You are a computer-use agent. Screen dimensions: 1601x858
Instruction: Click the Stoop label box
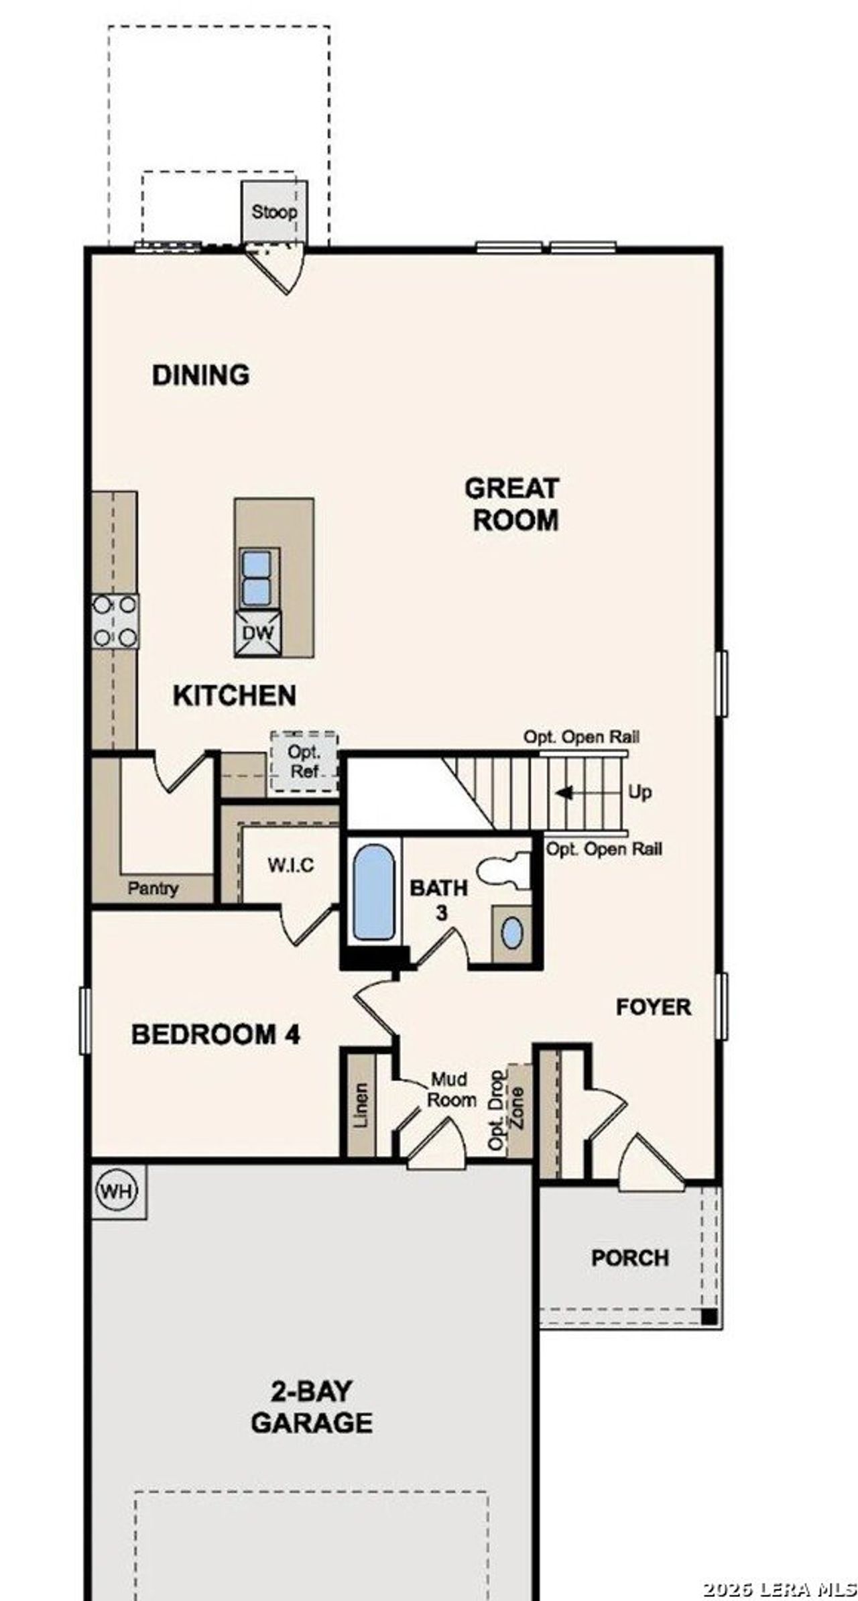pos(274,212)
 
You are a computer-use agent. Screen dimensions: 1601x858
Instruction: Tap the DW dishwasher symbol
pos(258,632)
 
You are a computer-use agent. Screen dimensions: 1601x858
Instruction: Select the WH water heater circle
pos(118,1191)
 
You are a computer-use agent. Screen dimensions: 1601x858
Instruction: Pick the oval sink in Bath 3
pos(512,933)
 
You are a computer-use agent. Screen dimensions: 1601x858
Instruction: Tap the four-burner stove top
pos(115,621)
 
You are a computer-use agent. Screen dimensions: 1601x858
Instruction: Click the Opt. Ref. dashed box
pos(304,761)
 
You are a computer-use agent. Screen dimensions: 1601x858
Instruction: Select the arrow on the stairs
pos(564,792)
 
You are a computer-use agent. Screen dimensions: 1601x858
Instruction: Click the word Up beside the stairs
pos(639,792)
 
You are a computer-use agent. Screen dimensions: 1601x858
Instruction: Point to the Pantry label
pos(153,888)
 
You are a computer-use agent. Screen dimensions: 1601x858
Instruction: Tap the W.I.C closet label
pos(290,865)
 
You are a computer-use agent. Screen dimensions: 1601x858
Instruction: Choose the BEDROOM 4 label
pos(216,1034)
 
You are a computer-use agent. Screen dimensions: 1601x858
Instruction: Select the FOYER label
pos(653,1007)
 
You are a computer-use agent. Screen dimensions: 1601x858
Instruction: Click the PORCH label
pos(629,1258)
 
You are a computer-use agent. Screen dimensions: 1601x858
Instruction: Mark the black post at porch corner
pos(709,1316)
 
